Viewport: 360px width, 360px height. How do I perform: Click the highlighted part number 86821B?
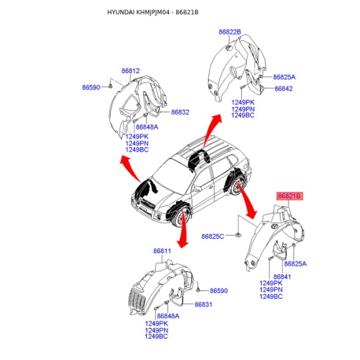[x=290, y=196]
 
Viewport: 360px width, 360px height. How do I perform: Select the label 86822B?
[x=230, y=32]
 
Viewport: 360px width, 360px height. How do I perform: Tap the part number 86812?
[x=130, y=71]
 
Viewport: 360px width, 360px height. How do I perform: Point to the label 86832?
[x=180, y=112]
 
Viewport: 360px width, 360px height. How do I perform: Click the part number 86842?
[x=284, y=89]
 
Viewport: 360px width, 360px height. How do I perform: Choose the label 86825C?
[x=213, y=237]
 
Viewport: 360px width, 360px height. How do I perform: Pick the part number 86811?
[x=162, y=251]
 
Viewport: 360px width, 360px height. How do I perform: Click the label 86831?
[x=204, y=304]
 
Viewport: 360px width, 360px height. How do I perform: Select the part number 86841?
[x=282, y=277]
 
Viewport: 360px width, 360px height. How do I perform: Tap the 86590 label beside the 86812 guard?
[x=91, y=87]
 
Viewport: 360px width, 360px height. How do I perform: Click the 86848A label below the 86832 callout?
[x=147, y=127]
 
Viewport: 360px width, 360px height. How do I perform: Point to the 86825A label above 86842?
[x=285, y=77]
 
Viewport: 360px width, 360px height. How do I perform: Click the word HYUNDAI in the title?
[x=121, y=13]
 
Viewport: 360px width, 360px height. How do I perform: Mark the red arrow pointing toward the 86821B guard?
[x=246, y=200]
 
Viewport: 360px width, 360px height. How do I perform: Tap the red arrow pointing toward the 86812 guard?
[x=130, y=168]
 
